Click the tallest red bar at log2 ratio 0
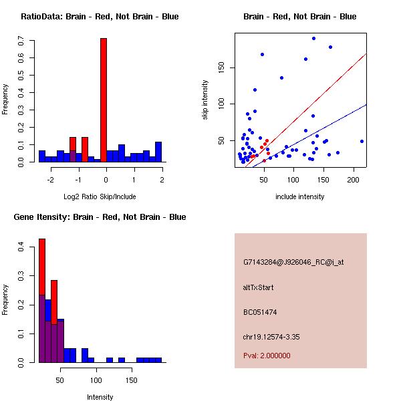click(x=104, y=100)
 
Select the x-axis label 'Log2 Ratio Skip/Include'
click(x=100, y=197)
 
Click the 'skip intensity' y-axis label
click(x=205, y=100)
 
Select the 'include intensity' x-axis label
click(x=300, y=197)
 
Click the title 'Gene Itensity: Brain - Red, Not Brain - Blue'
click(x=100, y=217)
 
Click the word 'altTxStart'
click(x=259, y=287)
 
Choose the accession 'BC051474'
click(x=259, y=312)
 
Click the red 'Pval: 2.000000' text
click(x=267, y=356)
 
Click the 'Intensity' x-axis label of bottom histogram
click(x=100, y=397)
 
